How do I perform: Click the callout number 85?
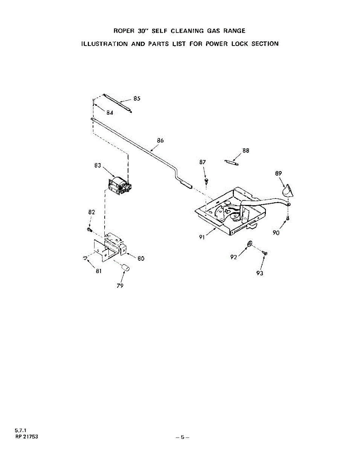137,98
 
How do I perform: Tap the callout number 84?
110,112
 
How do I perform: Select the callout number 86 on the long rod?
160,140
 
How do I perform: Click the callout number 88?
246,150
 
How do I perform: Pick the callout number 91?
202,237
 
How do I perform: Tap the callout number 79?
120,285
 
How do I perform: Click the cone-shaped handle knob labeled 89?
288,191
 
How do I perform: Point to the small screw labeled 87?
206,181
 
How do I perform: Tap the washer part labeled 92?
250,245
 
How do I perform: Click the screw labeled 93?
265,253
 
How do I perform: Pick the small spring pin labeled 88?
231,162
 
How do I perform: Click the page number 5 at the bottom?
182,437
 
